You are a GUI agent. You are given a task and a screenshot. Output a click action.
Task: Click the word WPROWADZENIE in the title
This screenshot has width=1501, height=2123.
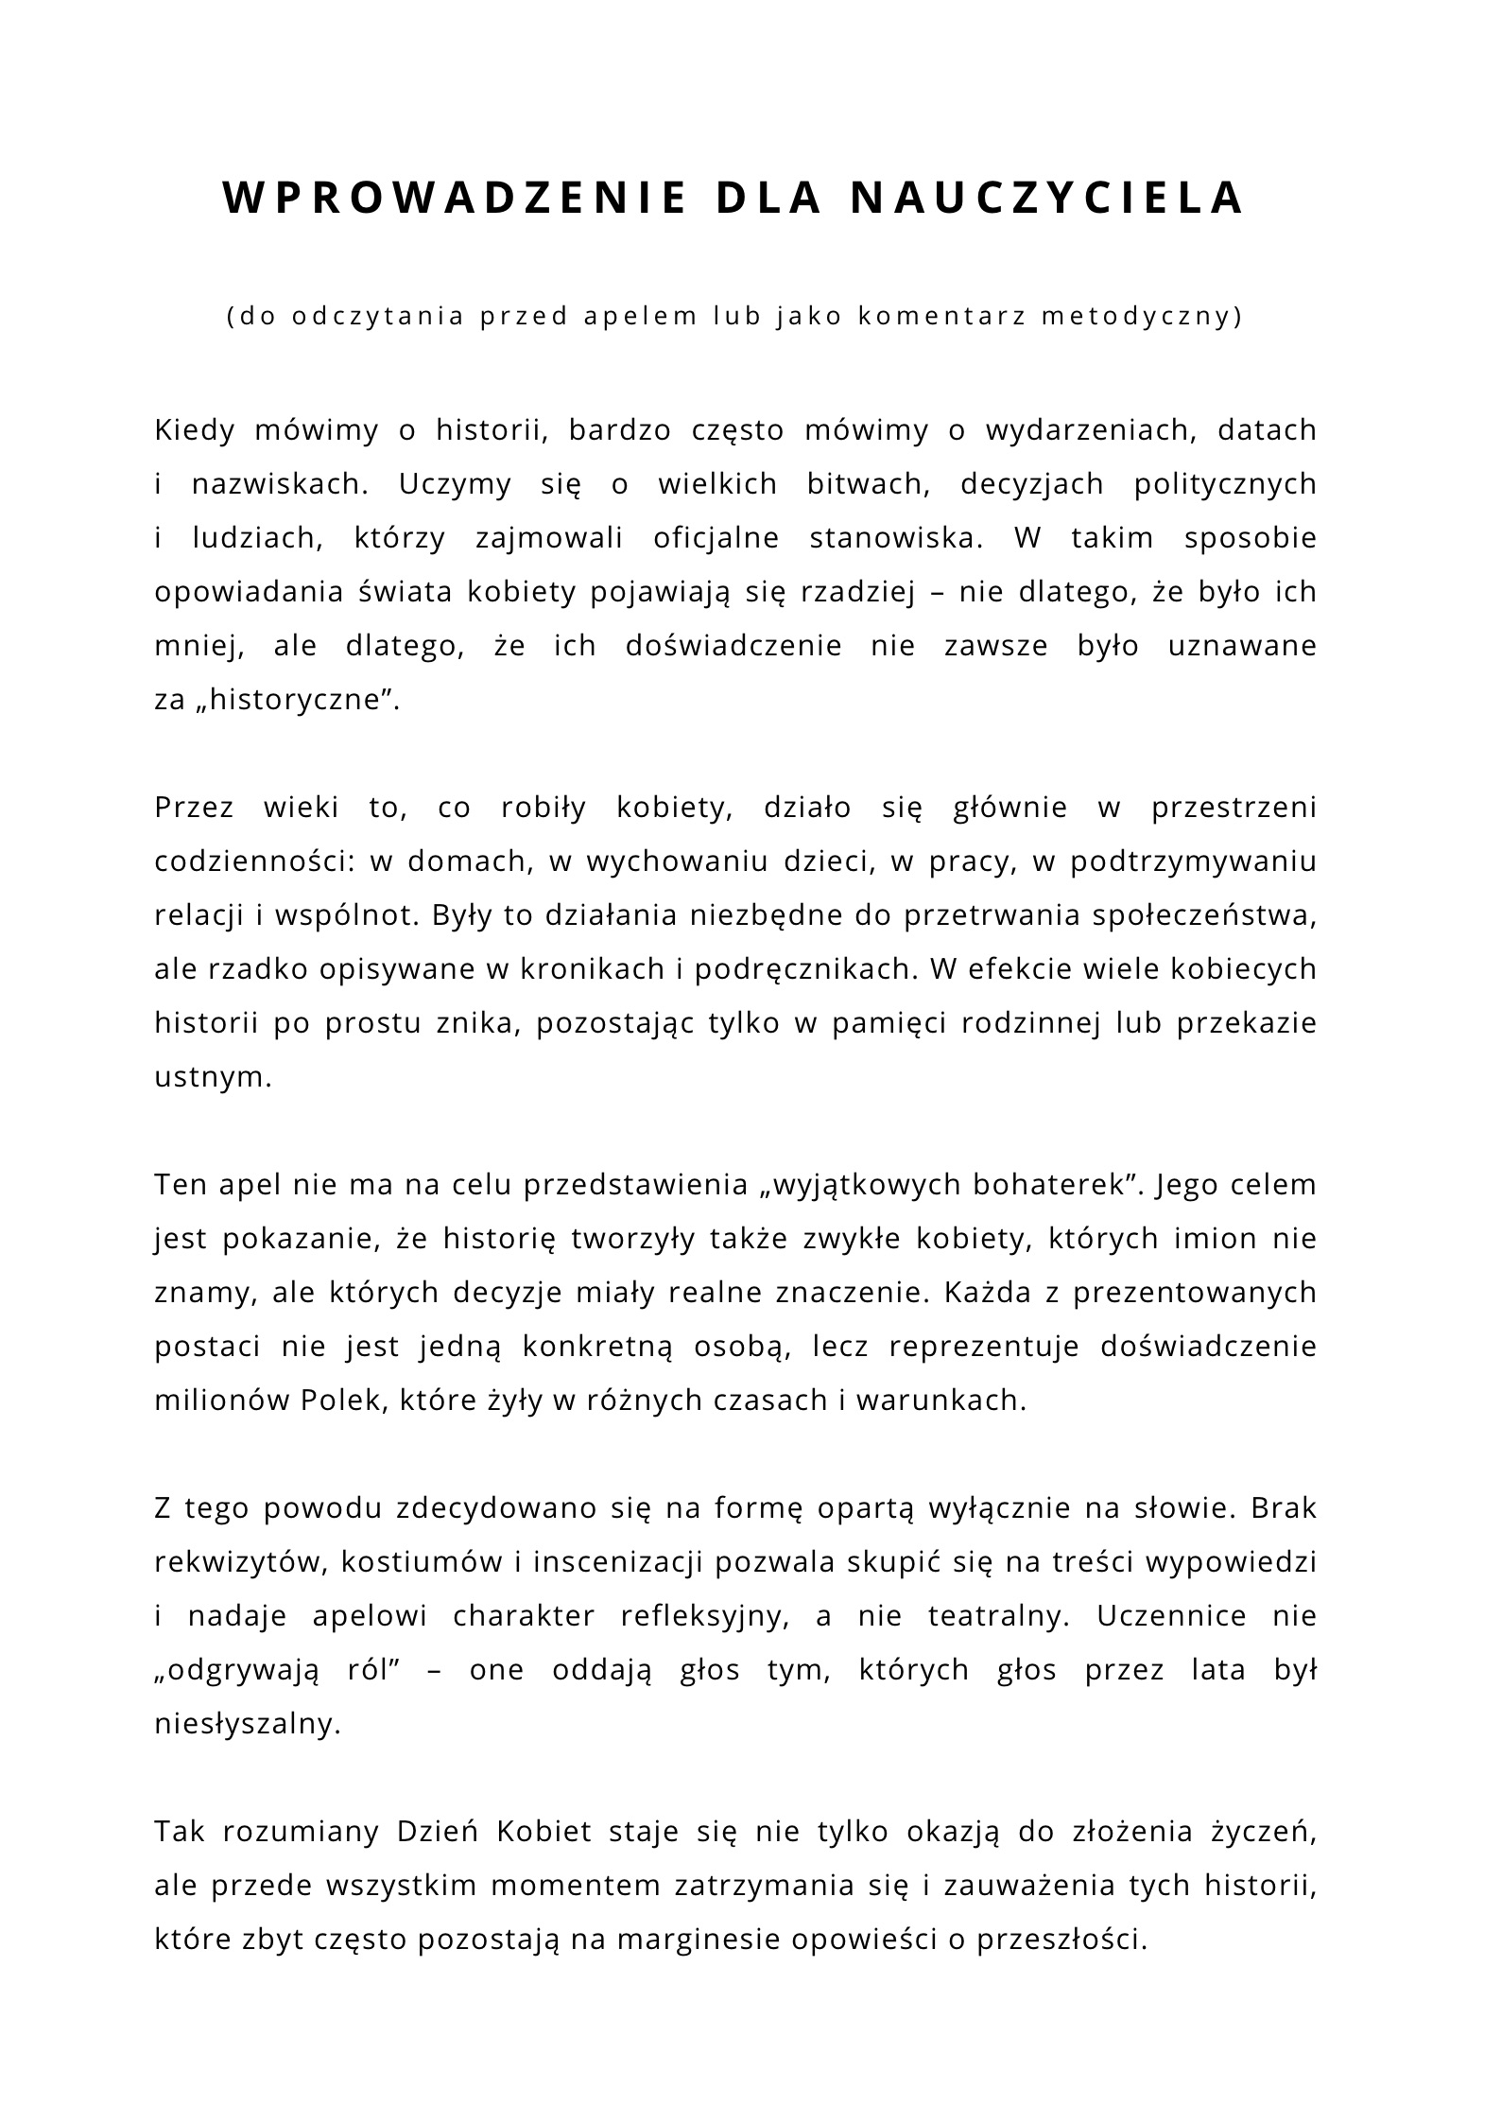455,198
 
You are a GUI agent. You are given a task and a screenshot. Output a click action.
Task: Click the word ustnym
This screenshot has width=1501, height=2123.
213,1078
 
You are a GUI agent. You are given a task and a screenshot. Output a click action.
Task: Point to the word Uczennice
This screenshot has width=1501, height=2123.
1171,1616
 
